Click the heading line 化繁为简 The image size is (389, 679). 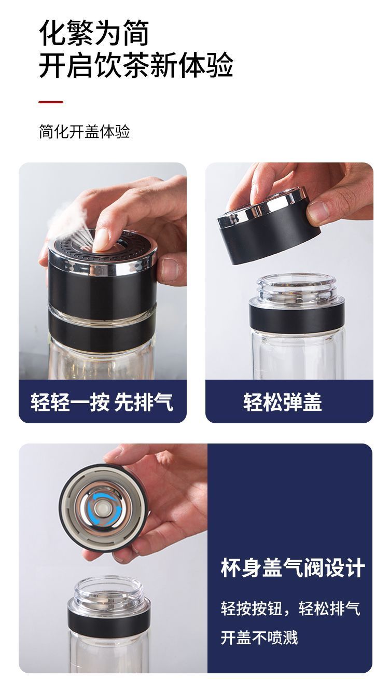94,33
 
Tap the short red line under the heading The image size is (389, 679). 51,102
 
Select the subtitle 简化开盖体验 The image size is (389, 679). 85,132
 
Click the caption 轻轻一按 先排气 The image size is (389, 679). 102,402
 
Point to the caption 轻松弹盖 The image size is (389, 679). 282,402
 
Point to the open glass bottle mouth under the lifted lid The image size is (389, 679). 297,287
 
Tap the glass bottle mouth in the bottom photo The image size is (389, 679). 109,590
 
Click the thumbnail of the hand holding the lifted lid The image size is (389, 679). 317,212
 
